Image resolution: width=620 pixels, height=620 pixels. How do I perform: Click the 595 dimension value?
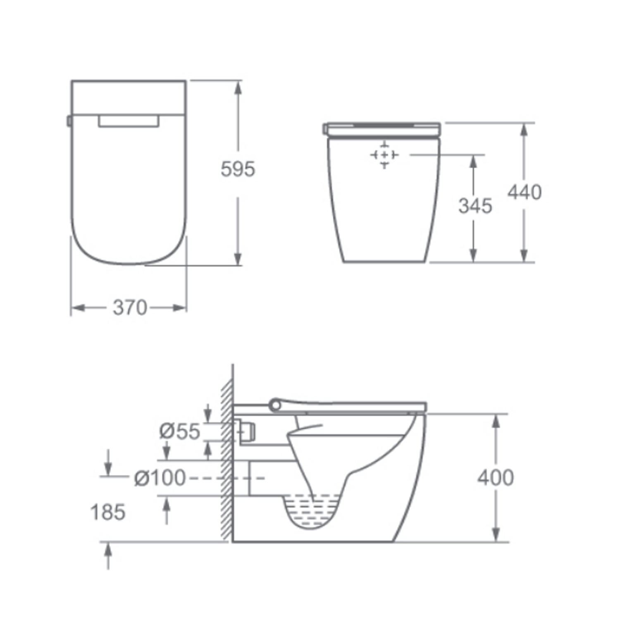coord(238,169)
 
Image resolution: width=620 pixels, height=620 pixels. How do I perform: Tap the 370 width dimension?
coord(130,308)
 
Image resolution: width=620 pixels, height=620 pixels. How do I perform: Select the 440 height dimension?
coord(524,193)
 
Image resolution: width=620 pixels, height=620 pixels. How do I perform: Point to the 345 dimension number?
coord(475,206)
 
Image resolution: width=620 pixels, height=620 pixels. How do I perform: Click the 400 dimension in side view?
coord(496,478)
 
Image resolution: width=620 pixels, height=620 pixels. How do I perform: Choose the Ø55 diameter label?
coord(180,432)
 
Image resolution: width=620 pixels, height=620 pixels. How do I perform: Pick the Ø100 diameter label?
coord(160,478)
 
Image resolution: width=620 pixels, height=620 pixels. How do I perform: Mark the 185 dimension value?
coord(108,513)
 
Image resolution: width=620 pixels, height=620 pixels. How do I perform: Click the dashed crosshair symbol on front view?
coord(384,155)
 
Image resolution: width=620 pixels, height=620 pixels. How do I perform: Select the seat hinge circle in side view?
coord(275,405)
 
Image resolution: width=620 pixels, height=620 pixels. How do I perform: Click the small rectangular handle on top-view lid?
coord(129,121)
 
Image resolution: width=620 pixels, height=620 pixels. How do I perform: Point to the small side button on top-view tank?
coord(69,121)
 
